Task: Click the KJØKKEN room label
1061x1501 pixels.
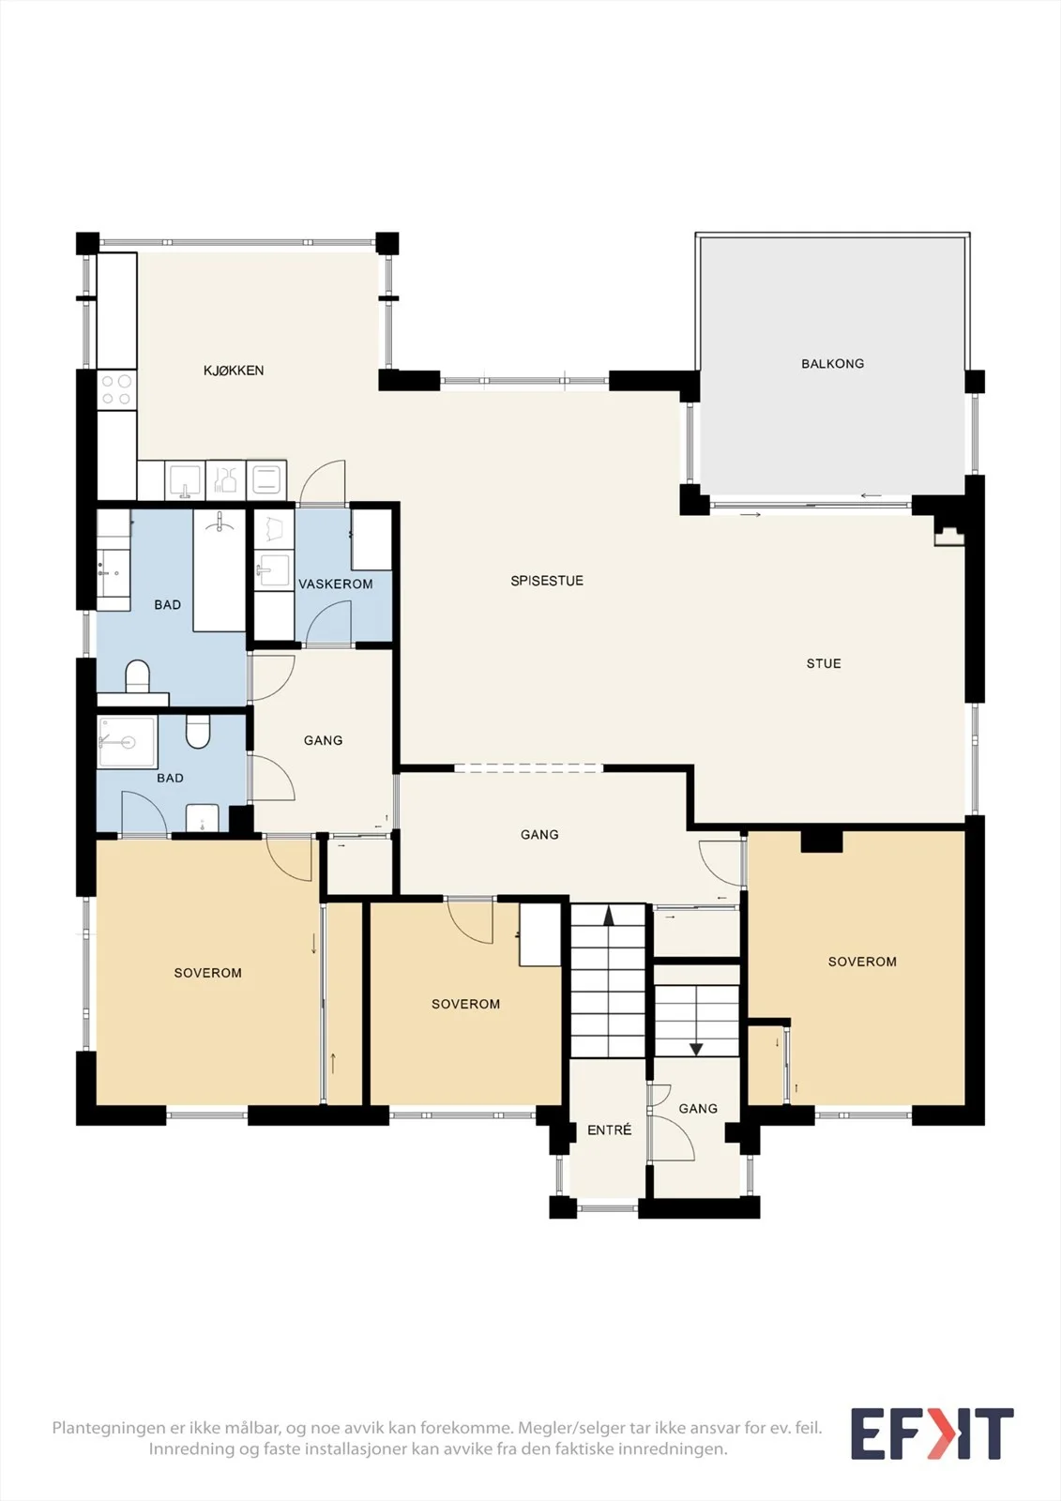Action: click(x=234, y=370)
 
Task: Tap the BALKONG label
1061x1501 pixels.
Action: click(x=832, y=364)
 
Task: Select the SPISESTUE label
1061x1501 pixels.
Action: click(x=547, y=581)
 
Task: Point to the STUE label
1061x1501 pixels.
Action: click(x=824, y=663)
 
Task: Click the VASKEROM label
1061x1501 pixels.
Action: click(x=335, y=584)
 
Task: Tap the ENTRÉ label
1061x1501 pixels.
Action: click(x=609, y=1130)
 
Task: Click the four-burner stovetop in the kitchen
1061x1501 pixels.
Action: click(x=116, y=390)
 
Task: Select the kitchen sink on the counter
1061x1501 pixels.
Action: click(x=185, y=479)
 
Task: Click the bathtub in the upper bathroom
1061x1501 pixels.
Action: click(x=220, y=569)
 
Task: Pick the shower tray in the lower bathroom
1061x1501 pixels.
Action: click(x=128, y=742)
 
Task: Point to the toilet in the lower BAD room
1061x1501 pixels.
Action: click(x=198, y=732)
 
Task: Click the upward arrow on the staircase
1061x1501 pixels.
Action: click(x=609, y=916)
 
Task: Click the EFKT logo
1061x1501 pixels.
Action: click(x=932, y=1433)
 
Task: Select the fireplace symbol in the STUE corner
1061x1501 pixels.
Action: click(x=949, y=536)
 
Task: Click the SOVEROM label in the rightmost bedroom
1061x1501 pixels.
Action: click(x=862, y=962)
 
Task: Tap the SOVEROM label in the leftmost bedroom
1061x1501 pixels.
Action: click(x=207, y=973)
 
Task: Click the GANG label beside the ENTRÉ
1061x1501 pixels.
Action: click(x=698, y=1108)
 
